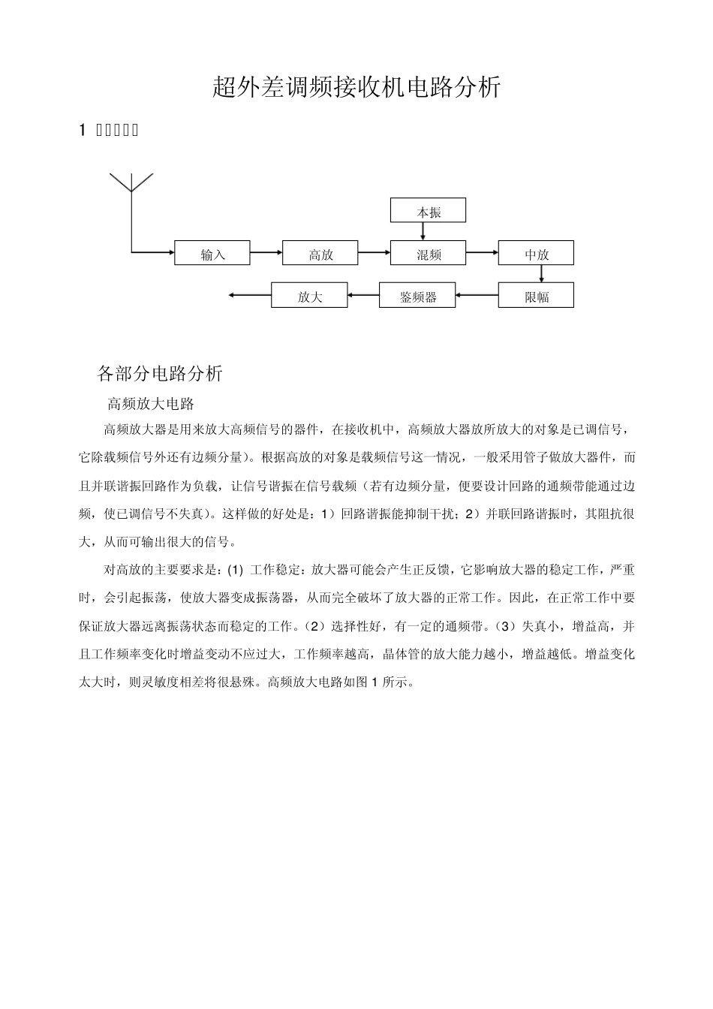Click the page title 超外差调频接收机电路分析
(x=356, y=88)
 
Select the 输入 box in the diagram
(x=212, y=254)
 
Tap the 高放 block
(x=320, y=254)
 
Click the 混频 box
(x=429, y=254)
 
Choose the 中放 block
(x=536, y=254)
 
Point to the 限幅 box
(x=536, y=296)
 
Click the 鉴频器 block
(x=417, y=296)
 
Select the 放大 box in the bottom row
(x=309, y=296)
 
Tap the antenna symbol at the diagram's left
(x=131, y=185)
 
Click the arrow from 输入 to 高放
(x=266, y=253)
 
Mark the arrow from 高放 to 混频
(x=375, y=253)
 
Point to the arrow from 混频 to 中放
(x=483, y=253)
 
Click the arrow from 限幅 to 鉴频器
(x=477, y=295)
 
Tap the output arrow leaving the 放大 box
(x=250, y=295)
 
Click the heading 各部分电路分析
(x=160, y=372)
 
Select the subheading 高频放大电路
(x=151, y=404)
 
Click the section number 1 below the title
(x=83, y=130)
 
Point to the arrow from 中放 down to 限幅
(x=541, y=274)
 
